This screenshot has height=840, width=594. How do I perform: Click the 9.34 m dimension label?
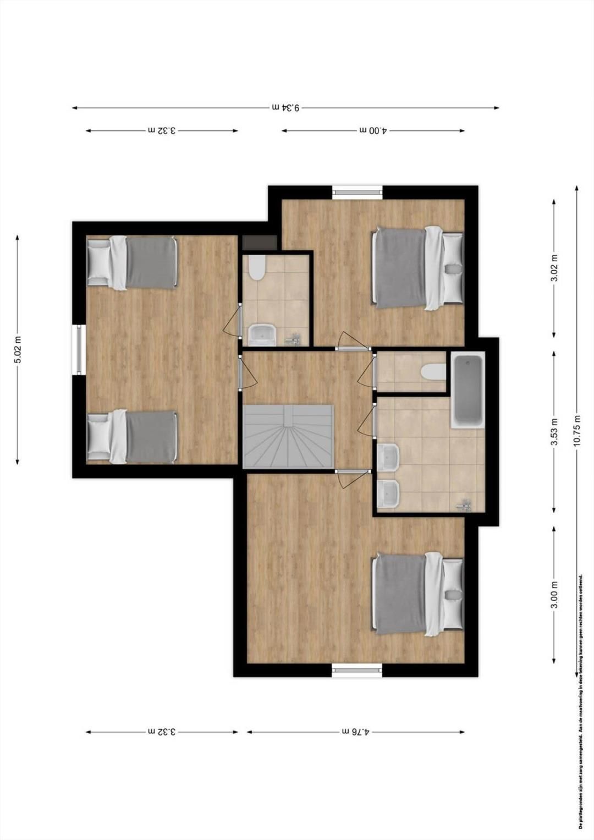(286, 108)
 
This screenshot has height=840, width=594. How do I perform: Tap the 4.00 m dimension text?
(373, 131)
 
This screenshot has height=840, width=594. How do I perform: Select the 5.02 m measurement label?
(18, 349)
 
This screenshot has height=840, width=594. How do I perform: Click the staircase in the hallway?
(288, 437)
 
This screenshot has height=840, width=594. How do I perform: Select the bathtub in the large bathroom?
(468, 391)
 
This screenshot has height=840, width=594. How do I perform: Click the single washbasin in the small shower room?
(262, 334)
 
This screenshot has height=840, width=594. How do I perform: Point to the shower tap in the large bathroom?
(464, 504)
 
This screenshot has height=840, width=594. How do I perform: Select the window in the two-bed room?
(79, 350)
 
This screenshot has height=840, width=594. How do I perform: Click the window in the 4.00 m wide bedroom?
(357, 193)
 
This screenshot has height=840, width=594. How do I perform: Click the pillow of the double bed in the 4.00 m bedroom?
(453, 268)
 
